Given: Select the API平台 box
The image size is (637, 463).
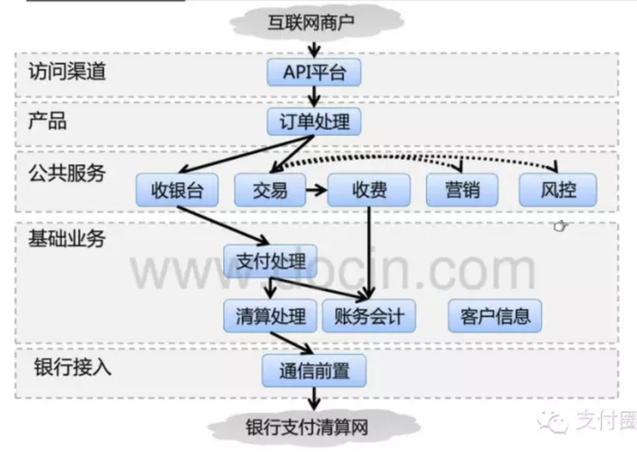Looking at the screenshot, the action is [x=314, y=73].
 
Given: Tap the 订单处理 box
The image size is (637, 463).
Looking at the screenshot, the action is [x=314, y=122].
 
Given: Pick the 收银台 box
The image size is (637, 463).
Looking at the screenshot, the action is [x=177, y=190].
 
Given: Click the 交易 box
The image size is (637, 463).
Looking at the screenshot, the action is [x=270, y=190].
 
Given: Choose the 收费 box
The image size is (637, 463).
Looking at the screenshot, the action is [x=369, y=190].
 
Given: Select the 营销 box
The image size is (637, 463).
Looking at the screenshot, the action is [x=462, y=190].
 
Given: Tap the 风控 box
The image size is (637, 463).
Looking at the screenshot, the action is [x=558, y=190].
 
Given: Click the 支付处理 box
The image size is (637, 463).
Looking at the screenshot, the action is [x=270, y=261].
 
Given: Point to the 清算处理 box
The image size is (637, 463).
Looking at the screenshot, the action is [x=270, y=316].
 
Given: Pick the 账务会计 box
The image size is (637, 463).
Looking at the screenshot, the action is [x=368, y=316].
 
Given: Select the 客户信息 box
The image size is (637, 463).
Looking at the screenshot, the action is [x=494, y=316].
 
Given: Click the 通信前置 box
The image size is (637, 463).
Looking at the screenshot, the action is [x=314, y=370].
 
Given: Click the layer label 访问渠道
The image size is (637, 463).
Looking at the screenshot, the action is [x=67, y=72].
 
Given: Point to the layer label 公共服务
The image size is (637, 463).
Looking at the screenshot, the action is [x=67, y=173].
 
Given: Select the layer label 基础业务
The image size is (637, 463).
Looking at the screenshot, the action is [x=67, y=239].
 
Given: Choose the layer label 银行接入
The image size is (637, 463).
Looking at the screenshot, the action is [x=73, y=368].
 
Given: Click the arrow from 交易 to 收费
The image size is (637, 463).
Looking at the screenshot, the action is [x=316, y=190].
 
